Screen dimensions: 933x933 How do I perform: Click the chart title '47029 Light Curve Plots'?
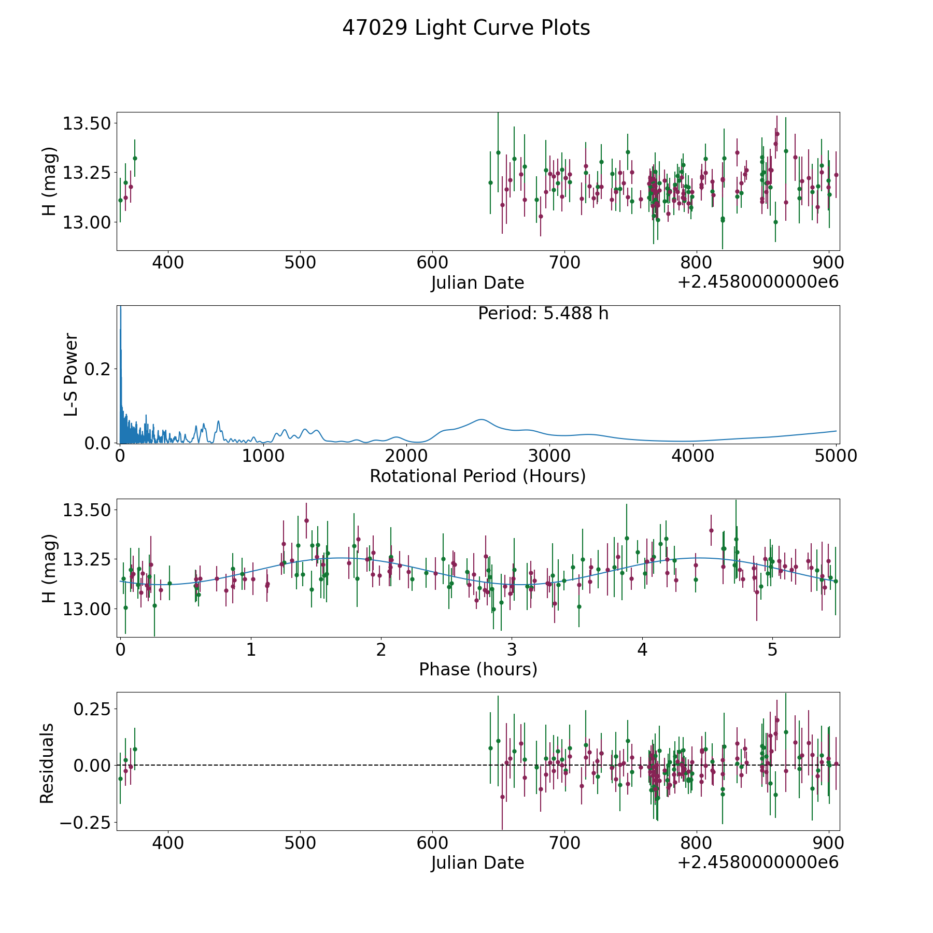coord(466,28)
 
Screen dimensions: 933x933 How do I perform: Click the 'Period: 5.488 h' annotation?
coord(543,314)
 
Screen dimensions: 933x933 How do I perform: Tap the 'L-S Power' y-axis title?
coord(71,374)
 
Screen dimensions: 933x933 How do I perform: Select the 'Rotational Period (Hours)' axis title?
coord(477,476)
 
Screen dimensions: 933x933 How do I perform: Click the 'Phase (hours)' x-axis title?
coord(477,669)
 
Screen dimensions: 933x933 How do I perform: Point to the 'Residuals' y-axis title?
coord(47,763)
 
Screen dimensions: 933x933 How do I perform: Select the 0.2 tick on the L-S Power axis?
coord(98,369)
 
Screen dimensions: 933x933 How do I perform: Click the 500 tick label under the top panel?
coord(300,263)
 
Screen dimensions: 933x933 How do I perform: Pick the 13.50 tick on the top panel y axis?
coord(87,124)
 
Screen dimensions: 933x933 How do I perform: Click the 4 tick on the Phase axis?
coord(642,650)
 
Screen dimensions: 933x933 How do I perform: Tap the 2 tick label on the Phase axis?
coord(381,650)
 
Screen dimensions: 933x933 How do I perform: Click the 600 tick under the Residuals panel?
coord(432,843)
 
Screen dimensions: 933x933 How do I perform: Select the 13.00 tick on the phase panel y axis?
coord(87,609)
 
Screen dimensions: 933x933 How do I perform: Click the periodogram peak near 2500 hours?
coord(482,419)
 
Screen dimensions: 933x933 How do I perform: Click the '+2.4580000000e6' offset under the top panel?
coord(758,282)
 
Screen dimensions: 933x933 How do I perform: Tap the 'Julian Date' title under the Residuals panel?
coord(477,863)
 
